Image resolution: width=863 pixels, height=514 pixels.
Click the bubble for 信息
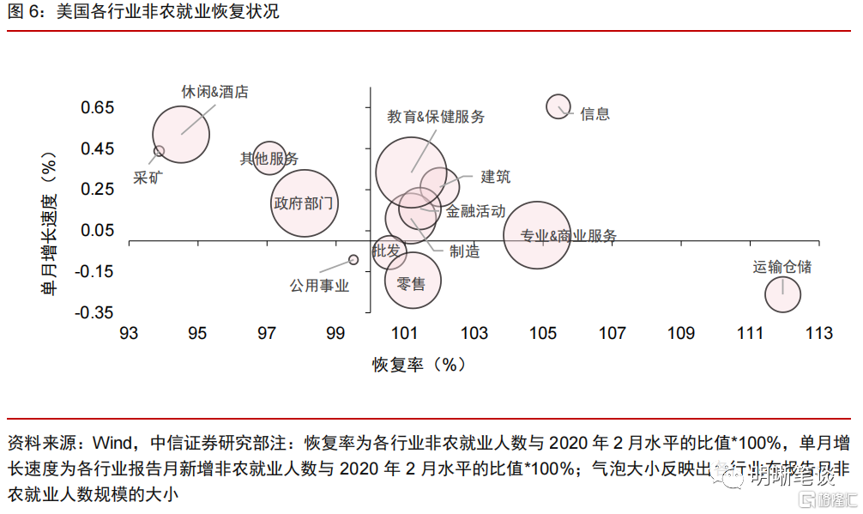[x=558, y=106]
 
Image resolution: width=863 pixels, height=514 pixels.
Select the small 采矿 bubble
[x=159, y=151]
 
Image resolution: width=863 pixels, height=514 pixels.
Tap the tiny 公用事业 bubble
[x=353, y=259]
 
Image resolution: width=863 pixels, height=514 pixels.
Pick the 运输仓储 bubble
[x=782, y=295]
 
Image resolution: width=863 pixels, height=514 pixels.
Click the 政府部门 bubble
[x=304, y=203]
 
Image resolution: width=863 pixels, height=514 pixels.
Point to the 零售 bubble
[x=413, y=281]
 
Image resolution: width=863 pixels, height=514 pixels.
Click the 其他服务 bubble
[x=269, y=158]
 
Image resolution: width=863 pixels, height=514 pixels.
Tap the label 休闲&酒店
[x=215, y=92]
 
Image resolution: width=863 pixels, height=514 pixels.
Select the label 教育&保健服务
[x=436, y=117]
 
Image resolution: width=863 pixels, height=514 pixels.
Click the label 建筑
[x=496, y=177]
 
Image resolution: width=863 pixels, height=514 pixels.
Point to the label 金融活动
[x=476, y=211]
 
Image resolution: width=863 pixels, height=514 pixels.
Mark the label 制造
[x=464, y=251]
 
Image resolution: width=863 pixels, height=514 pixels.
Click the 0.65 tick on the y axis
[x=98, y=108]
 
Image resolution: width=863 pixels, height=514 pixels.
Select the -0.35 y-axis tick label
[x=95, y=311]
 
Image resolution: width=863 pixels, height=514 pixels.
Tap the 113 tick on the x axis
[x=818, y=334]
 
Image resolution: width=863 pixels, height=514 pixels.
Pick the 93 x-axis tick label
[x=129, y=334]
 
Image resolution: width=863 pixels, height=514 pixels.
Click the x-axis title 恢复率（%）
[x=419, y=365]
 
